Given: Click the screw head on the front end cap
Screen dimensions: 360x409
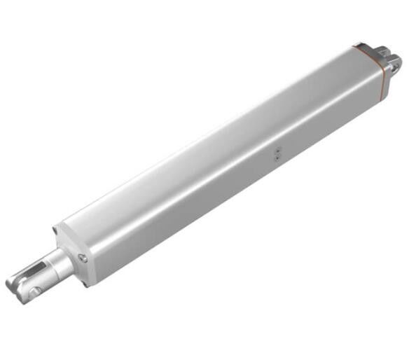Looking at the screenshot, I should click(83, 258).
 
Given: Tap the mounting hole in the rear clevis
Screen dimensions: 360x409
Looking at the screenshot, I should click(396, 67).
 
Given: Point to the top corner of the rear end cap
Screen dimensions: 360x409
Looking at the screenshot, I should click(356, 46).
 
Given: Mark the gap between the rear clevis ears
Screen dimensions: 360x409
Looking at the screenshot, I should click(389, 57).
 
